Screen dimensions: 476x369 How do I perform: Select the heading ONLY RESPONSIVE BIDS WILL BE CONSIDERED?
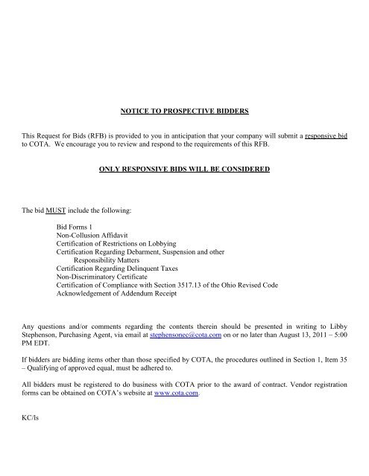pyautogui.click(x=183, y=170)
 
